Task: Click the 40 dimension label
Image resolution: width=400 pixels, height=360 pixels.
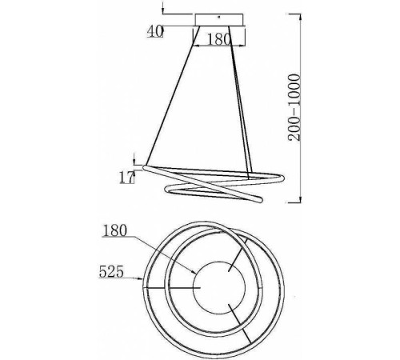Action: pyautogui.click(x=155, y=31)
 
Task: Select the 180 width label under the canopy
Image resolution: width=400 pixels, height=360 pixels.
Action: pyautogui.click(x=218, y=39)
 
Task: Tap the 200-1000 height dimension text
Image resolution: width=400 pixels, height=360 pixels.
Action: pyautogui.click(x=294, y=107)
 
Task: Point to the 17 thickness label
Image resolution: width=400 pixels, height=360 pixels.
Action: pyautogui.click(x=126, y=178)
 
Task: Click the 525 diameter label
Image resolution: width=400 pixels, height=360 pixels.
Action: pyautogui.click(x=111, y=272)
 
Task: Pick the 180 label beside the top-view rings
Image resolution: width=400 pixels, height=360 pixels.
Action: pyautogui.click(x=115, y=230)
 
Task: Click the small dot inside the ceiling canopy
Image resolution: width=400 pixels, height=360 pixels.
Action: pyautogui.click(x=218, y=17)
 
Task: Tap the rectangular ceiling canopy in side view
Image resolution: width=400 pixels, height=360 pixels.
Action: pyautogui.click(x=219, y=20)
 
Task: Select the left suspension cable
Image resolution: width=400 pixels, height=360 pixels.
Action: pyautogui.click(x=173, y=95)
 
